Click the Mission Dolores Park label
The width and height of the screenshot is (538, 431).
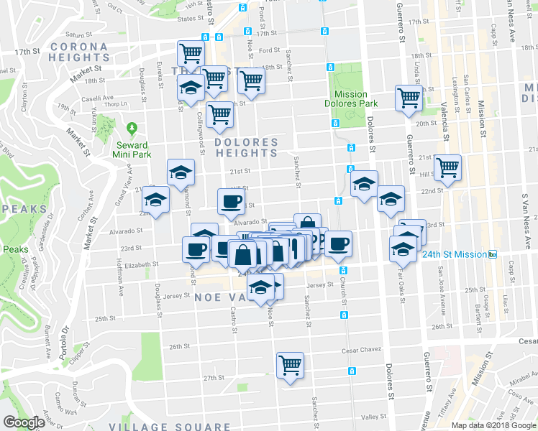(x=350, y=99)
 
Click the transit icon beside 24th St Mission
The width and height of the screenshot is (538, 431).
(x=493, y=254)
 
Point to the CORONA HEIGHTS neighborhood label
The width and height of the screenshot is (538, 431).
(x=78, y=52)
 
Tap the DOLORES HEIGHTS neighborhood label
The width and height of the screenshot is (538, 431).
(x=245, y=148)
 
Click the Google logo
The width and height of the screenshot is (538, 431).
(x=24, y=422)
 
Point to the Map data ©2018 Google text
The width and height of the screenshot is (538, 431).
(x=493, y=425)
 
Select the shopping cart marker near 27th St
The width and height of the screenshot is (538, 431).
(x=290, y=365)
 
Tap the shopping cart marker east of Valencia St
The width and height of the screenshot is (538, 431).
(x=448, y=167)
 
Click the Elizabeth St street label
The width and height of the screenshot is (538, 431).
(x=142, y=264)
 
